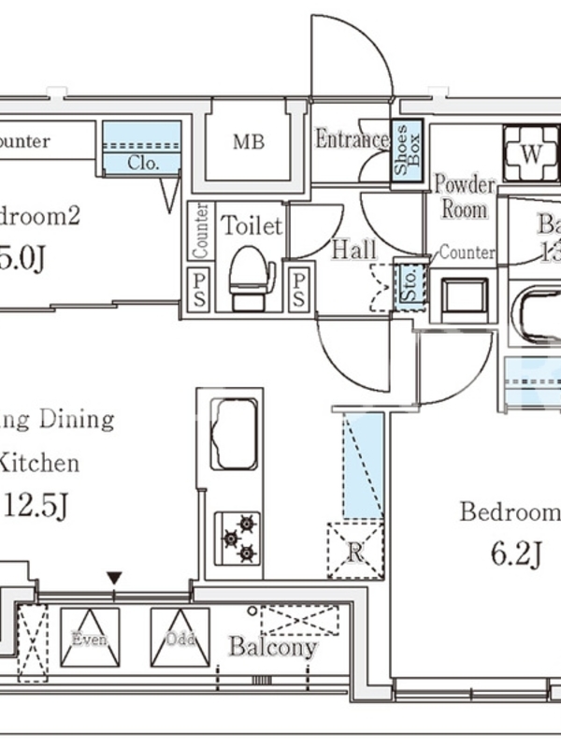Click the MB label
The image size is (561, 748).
[248, 143]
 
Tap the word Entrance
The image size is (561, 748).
[351, 140]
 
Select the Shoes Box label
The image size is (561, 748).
[407, 151]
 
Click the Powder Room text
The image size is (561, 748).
[465, 195]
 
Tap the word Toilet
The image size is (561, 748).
[251, 225]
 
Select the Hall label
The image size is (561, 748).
[354, 249]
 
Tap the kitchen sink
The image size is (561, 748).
[234, 434]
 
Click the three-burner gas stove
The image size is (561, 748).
[237, 538]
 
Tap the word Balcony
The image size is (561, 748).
[273, 647]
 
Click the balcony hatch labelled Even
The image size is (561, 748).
[90, 638]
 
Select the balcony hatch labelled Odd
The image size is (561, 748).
[180, 638]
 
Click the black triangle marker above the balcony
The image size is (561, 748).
[115, 578]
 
